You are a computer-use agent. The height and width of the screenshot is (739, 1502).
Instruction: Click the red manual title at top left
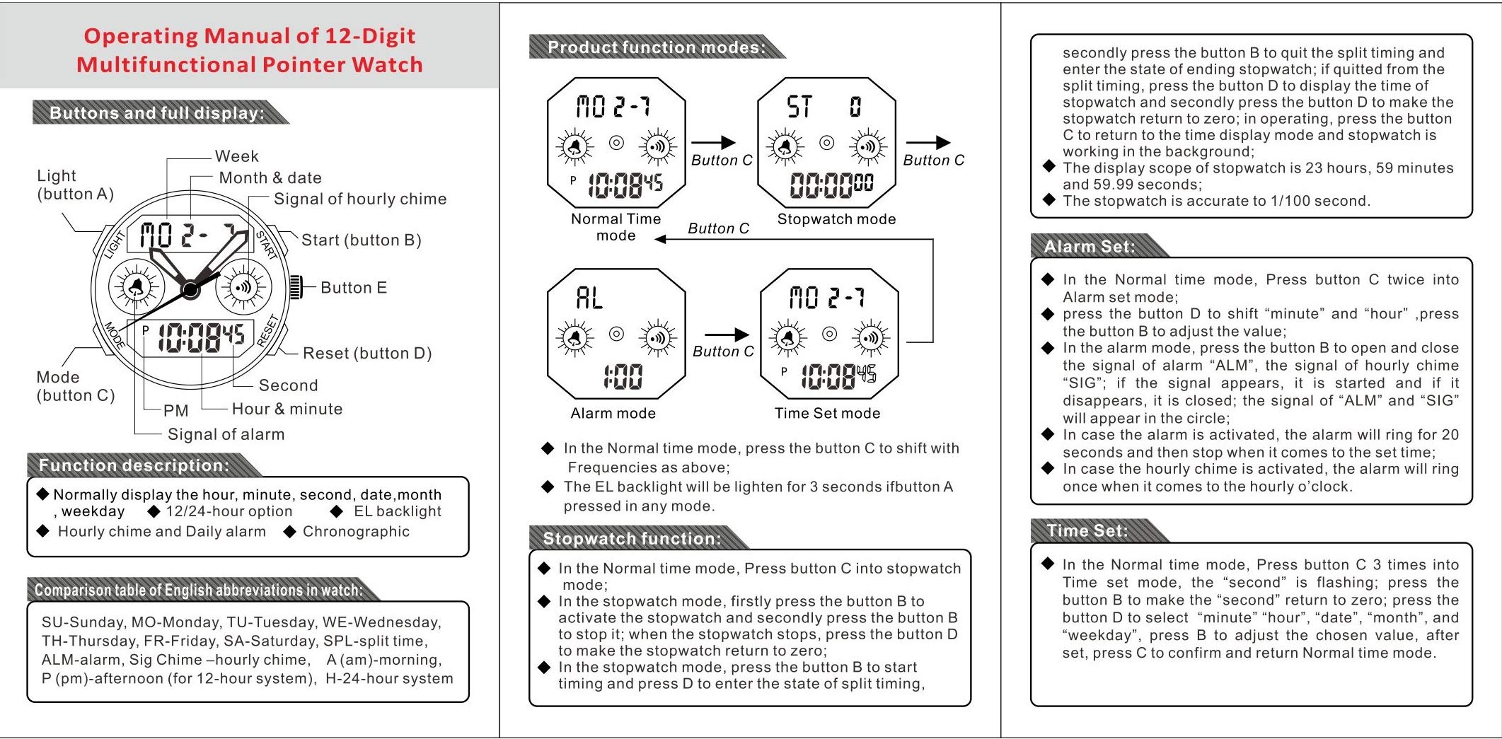[x=249, y=50]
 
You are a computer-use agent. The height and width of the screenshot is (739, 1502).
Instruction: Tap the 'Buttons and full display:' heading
[x=156, y=113]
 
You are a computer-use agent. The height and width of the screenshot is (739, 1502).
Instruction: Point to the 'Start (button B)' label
[x=361, y=240]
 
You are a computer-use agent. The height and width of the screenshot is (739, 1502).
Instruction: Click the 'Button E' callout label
[x=353, y=288]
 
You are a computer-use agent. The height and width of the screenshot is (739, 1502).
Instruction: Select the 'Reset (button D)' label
[x=366, y=354]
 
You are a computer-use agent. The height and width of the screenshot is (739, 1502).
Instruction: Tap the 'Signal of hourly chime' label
[x=359, y=199]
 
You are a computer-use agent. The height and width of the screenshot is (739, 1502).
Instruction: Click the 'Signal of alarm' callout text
[x=226, y=435]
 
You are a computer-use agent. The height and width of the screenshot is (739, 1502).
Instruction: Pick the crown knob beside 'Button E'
[x=296, y=287]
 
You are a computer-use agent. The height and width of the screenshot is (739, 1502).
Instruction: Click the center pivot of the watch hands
[x=190, y=289]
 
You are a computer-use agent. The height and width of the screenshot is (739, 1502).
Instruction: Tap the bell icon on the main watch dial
[x=135, y=287]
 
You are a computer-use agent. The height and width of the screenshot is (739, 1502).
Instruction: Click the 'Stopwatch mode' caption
[x=836, y=219]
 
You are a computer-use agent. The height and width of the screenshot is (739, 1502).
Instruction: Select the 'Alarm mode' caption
[x=613, y=414]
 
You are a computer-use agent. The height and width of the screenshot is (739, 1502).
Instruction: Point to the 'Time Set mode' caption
[x=827, y=414]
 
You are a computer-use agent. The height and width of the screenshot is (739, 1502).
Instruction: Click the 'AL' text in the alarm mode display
[x=589, y=298]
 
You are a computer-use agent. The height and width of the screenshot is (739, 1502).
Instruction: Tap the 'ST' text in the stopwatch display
[x=799, y=107]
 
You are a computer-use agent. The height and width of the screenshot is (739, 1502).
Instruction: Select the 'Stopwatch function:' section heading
[x=631, y=539]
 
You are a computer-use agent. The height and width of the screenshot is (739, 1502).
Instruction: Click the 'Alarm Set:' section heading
[x=1089, y=247]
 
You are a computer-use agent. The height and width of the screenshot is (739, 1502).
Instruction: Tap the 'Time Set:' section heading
[x=1087, y=531]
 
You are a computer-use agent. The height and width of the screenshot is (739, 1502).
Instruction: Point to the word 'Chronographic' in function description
[x=356, y=532]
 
